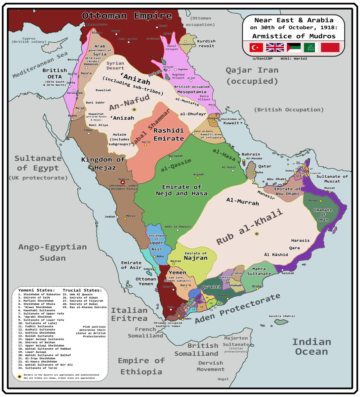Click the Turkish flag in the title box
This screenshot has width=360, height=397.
256,48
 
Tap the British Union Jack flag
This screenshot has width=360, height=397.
275,48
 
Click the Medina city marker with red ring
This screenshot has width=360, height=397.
123,182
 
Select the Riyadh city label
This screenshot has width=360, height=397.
198,174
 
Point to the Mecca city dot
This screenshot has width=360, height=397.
125,219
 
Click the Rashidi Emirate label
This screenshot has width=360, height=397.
169,134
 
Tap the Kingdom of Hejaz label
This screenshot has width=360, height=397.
103,163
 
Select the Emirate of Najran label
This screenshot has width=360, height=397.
196,256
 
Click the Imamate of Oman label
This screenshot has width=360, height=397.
323,215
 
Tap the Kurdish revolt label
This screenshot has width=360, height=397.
206,43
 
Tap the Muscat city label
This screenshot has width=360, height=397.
329,188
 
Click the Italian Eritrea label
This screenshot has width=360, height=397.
129,314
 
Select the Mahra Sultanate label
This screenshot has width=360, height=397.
259,271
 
